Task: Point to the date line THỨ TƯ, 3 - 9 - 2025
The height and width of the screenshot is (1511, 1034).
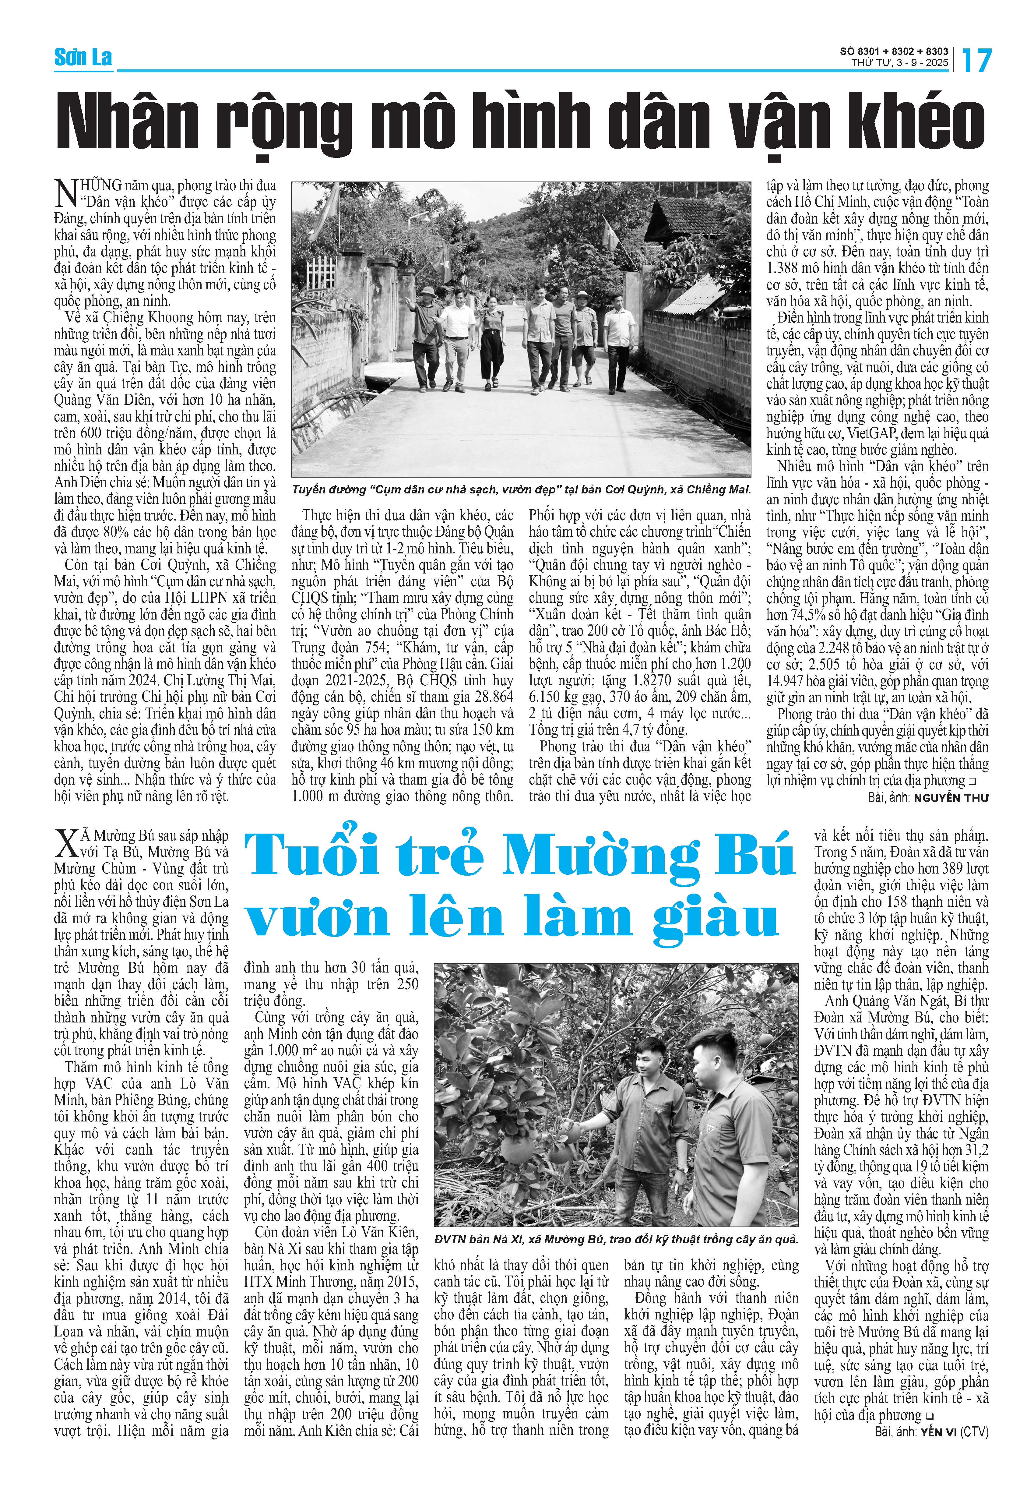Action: [x=900, y=63]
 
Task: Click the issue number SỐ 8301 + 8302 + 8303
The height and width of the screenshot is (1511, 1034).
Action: [x=894, y=51]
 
